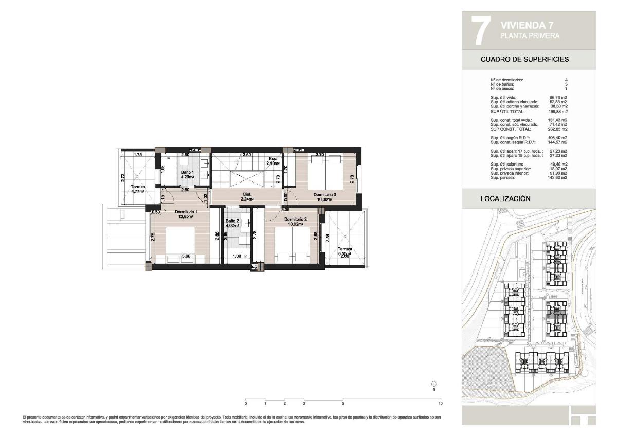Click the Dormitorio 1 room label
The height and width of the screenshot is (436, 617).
pyautogui.click(x=185, y=212)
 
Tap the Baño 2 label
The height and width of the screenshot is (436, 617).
pyautogui.click(x=232, y=221)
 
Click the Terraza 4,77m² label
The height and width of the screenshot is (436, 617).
pyautogui.click(x=137, y=189)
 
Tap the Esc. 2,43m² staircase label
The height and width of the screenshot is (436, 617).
pyautogui.click(x=273, y=161)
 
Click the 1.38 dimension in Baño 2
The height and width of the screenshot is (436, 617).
pyautogui.click(x=237, y=256)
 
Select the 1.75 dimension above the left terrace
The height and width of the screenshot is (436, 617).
pyautogui.click(x=138, y=155)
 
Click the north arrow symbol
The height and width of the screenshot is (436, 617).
pyautogui.click(x=434, y=384)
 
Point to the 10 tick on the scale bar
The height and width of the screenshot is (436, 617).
pyautogui.click(x=441, y=403)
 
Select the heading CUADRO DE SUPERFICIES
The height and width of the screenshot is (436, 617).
pyautogui.click(x=524, y=59)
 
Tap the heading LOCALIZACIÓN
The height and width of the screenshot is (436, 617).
pyautogui.click(x=505, y=198)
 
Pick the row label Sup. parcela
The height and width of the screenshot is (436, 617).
pyautogui.click(x=503, y=177)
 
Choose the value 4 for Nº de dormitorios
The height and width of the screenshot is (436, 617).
pyautogui.click(x=566, y=80)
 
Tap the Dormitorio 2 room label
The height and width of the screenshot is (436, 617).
pyautogui.click(x=296, y=220)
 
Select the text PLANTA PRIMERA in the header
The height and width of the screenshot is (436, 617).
pyautogui.click(x=530, y=35)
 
